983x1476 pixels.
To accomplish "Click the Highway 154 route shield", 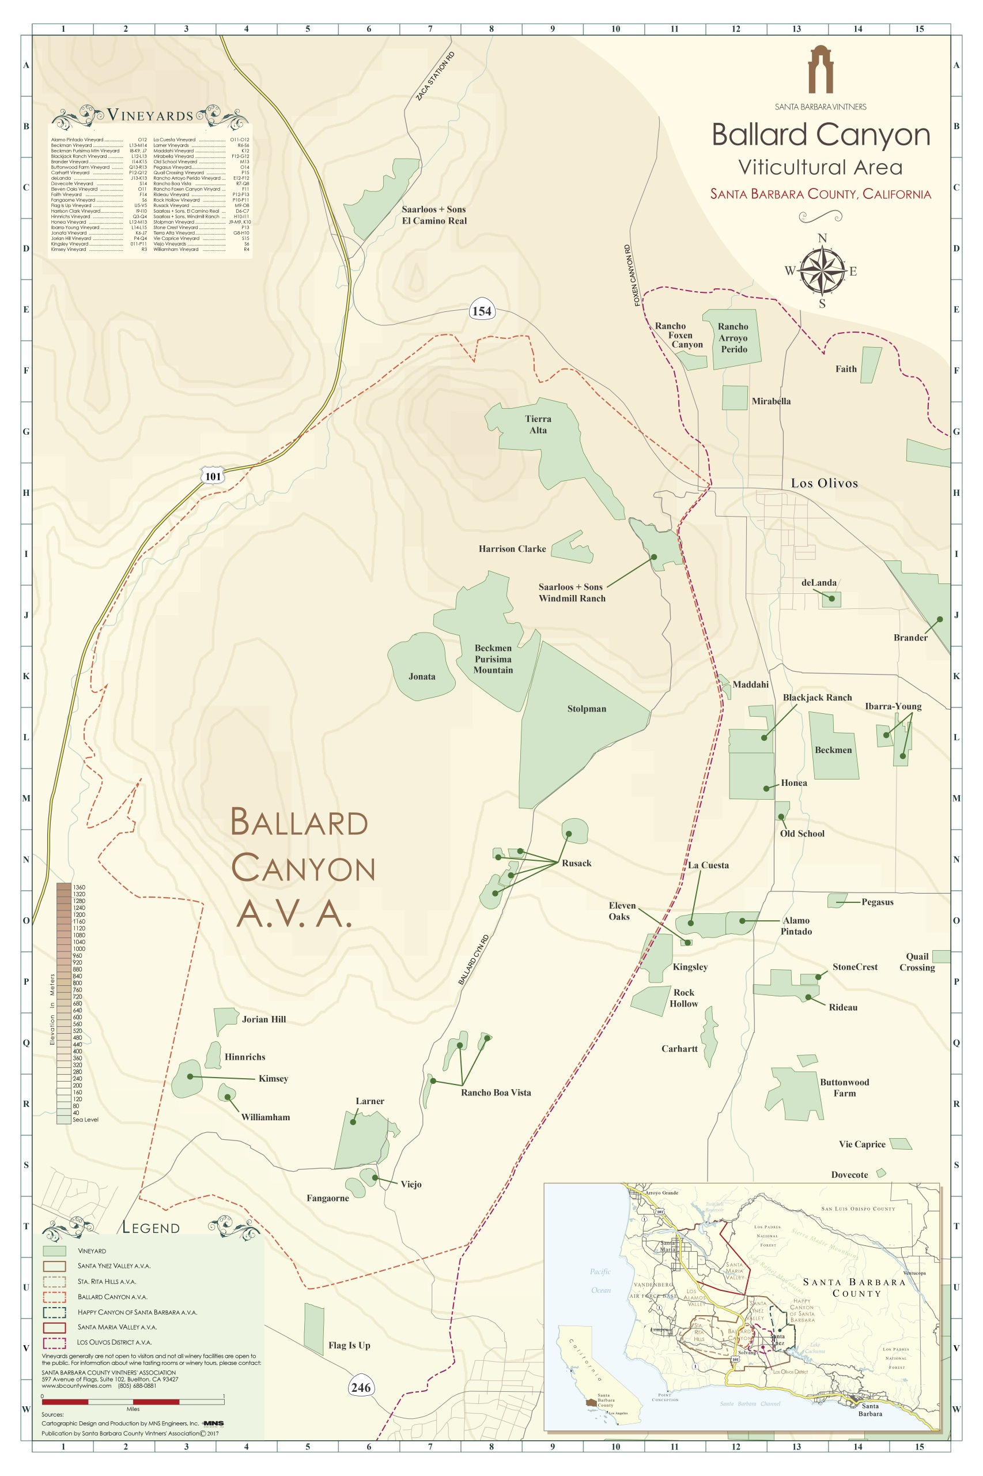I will (x=482, y=311).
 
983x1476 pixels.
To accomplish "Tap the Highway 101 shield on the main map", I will (x=213, y=476).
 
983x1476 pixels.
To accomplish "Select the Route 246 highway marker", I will (x=361, y=1387).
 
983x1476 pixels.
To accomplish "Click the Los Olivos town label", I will (x=824, y=483).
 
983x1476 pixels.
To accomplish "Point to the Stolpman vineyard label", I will (x=586, y=709).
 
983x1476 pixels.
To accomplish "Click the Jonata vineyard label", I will (x=421, y=676).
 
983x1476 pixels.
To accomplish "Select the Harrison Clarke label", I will (x=512, y=549).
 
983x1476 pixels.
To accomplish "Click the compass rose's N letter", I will (x=822, y=238).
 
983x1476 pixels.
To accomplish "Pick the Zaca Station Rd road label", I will (x=435, y=77).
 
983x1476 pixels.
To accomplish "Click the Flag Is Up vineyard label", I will (x=349, y=1345).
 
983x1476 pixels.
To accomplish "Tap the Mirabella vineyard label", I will (x=770, y=401).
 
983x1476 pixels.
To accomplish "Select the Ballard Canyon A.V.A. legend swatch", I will (x=55, y=1297).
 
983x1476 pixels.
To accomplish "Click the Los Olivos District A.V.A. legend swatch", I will (x=55, y=1342).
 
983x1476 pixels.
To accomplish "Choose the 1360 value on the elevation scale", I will (x=78, y=887).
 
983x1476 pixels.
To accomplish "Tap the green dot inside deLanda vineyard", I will (x=831, y=598).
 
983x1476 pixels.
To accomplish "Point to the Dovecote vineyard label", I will (x=849, y=1175).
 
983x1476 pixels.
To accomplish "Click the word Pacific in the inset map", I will (x=599, y=1271).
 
